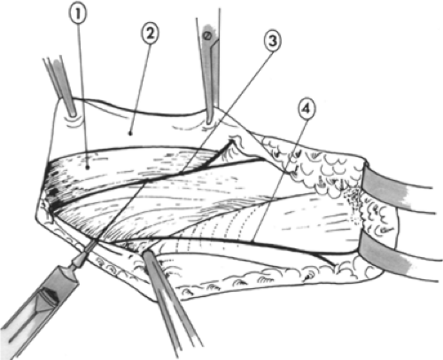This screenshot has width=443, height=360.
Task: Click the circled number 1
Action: click(78, 14)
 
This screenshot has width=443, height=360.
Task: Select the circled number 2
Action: click(150, 34)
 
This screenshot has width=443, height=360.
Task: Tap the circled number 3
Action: click(272, 41)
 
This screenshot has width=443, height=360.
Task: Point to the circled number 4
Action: click(307, 109)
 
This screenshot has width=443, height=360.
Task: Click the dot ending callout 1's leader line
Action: click(88, 168)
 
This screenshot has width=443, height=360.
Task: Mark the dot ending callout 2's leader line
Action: click(130, 133)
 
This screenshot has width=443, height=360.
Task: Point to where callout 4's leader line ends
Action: click(253, 240)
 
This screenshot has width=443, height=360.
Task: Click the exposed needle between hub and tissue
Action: click(90, 247)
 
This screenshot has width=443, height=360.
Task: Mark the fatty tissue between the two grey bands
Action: click(378, 216)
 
